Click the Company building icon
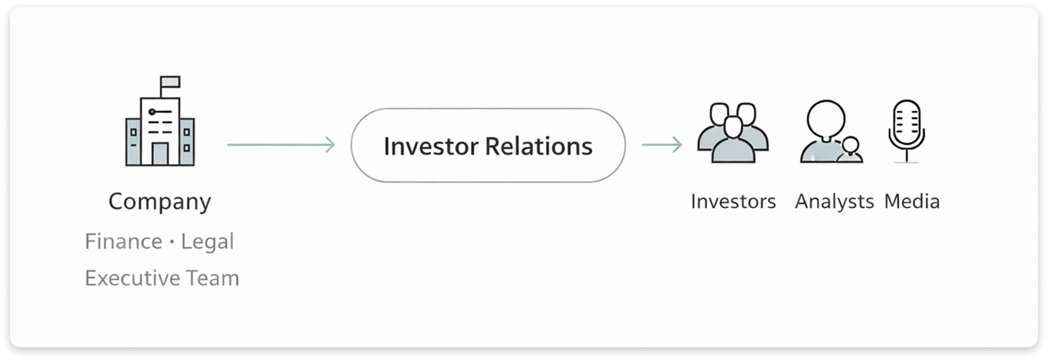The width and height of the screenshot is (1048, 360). coord(159,127)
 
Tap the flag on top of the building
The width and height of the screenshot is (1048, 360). coord(170,82)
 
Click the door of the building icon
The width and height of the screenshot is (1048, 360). coord(160,154)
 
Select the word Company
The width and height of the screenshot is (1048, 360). coord(159,201)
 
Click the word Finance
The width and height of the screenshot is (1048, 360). coord(123,242)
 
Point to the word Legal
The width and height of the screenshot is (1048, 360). coord(207,242)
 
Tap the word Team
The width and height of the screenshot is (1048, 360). coord(213,278)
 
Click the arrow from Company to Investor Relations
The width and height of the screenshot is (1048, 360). coord(280,145)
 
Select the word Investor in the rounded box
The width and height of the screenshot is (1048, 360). coord(430,146)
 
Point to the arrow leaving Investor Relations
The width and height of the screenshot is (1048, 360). coord(661,145)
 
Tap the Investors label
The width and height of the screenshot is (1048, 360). coord(733,201)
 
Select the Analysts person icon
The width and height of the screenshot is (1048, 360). coord(828,130)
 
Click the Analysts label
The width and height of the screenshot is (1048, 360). coord(834,201)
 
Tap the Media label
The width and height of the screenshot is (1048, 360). coord(911,201)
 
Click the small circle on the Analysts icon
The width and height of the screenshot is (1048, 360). coord(851,145)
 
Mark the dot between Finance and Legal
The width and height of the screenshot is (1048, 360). coord(172,242)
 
